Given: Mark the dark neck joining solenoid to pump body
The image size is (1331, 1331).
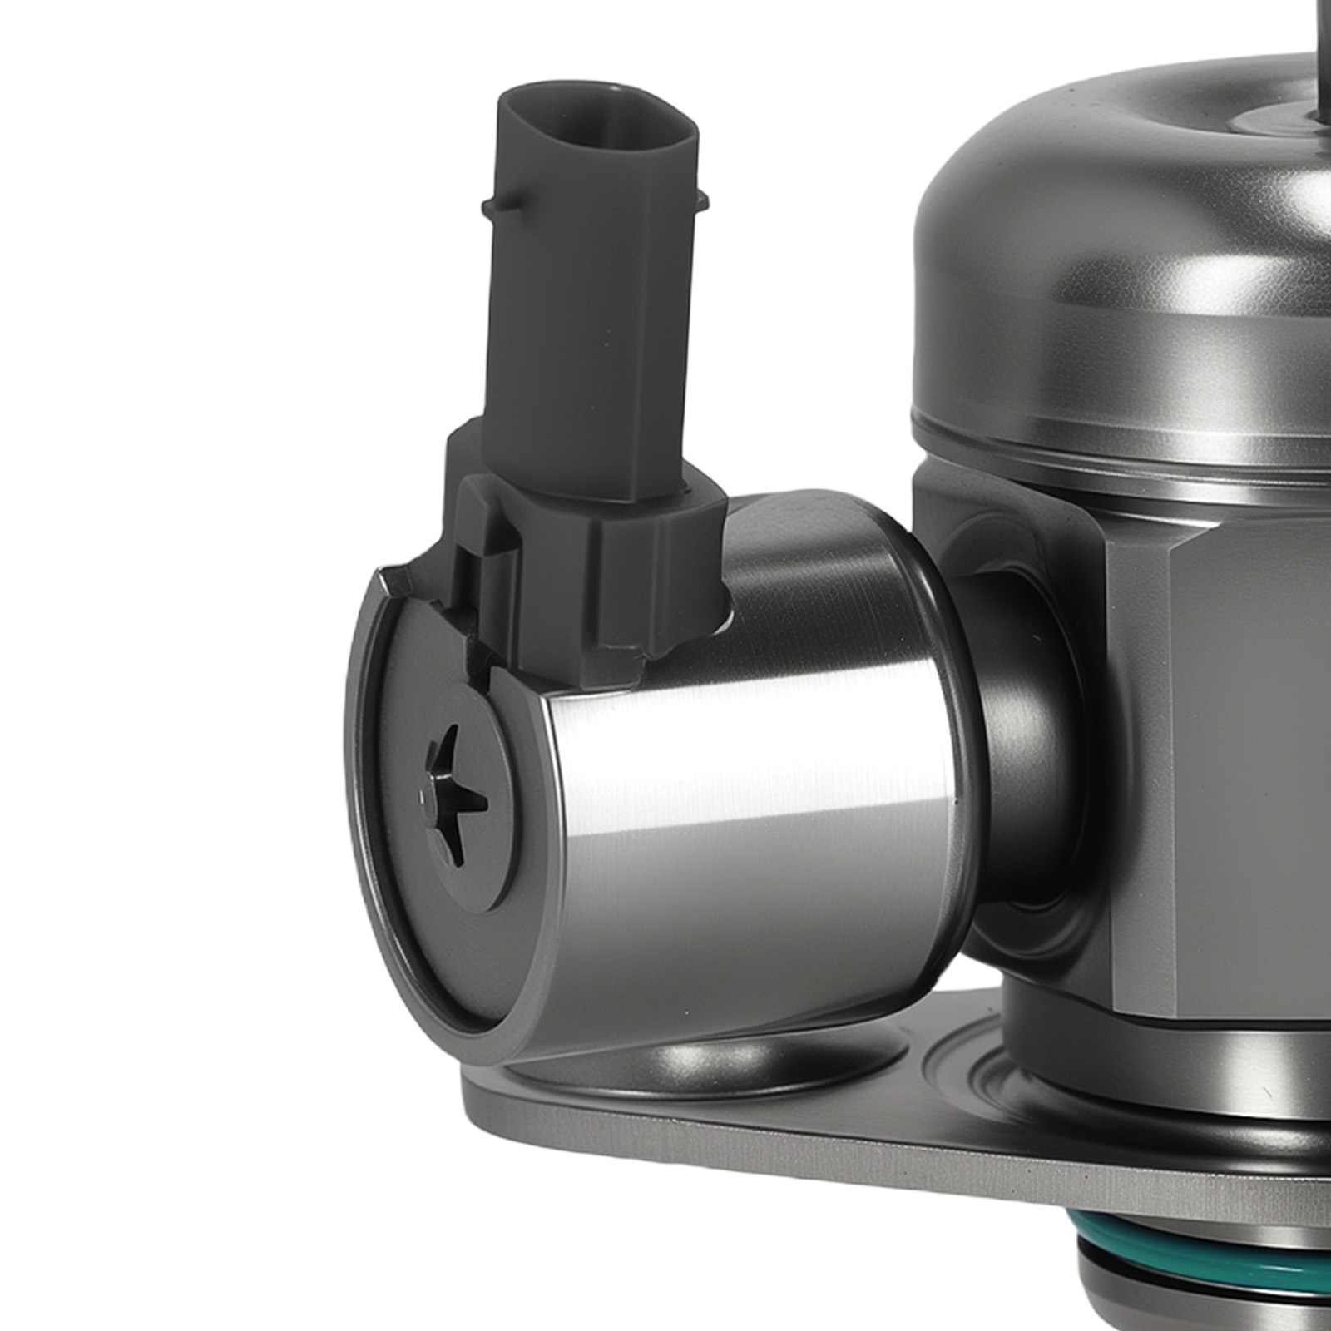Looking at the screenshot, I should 1015,749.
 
